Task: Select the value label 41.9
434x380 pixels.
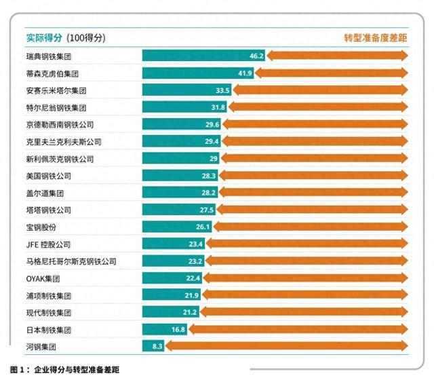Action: tap(245, 73)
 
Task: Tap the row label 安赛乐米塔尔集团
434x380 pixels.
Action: tap(57, 90)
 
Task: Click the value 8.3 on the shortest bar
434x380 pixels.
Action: tap(155, 346)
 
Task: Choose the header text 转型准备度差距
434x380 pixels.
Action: tap(375, 38)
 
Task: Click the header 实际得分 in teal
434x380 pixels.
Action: tap(45, 38)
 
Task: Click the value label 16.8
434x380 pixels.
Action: tap(178, 329)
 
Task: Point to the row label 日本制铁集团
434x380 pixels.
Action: tap(48, 329)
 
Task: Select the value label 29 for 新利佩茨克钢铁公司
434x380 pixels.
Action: tap(213, 158)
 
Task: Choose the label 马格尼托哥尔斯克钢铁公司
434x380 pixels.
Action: tap(71, 261)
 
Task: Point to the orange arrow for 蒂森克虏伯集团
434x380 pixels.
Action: tap(332, 73)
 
